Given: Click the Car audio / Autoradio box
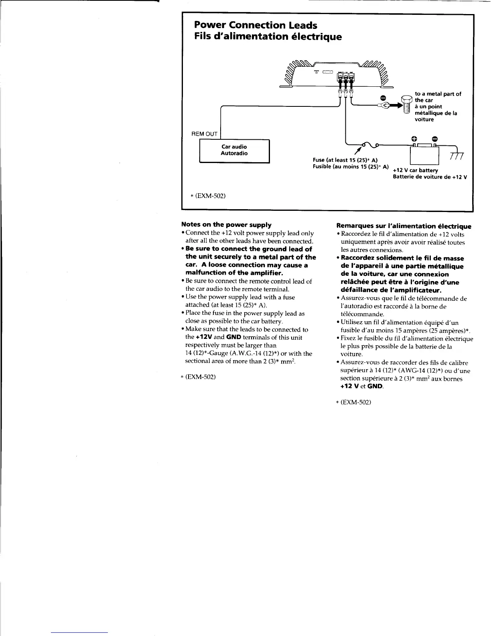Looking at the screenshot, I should pos(234,151).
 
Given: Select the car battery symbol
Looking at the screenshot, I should pos(424,154).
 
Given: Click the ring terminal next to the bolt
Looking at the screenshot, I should pos(384,106).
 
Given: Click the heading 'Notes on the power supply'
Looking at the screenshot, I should pos(226,225).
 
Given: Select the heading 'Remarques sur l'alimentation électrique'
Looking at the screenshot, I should pos(404,226).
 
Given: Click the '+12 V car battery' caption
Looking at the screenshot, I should pos(415,170).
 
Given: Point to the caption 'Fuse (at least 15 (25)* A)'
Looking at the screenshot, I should pos(345,160).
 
